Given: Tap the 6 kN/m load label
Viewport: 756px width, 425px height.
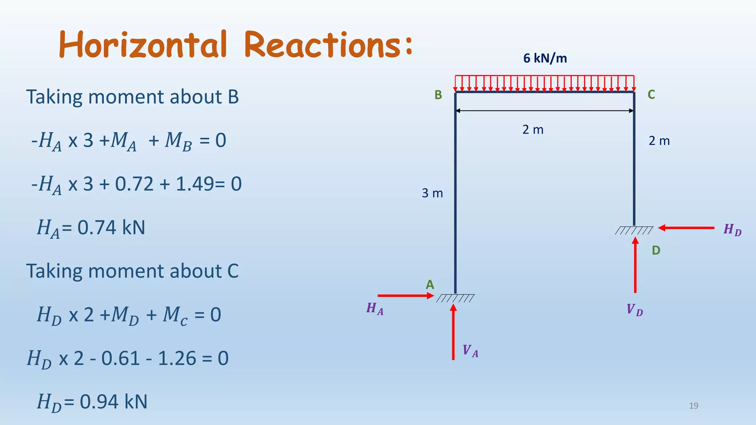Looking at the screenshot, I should [545, 58].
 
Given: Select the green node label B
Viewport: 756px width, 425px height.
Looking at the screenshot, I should [438, 95].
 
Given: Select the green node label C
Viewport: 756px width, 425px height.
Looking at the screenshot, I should [651, 95].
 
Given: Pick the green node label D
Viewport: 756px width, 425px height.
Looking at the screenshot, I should [656, 250].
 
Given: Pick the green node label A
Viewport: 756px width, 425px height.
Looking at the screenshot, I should [430, 285].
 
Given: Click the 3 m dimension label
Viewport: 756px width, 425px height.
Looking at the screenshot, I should [432, 193].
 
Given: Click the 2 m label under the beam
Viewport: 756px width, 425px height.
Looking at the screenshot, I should [533, 130].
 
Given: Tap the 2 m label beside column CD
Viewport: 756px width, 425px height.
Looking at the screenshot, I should [659, 141].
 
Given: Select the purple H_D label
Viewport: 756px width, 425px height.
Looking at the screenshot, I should [732, 230].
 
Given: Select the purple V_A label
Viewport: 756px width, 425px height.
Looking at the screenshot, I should [470, 350].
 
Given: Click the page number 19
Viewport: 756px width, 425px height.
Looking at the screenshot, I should [694, 406].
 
